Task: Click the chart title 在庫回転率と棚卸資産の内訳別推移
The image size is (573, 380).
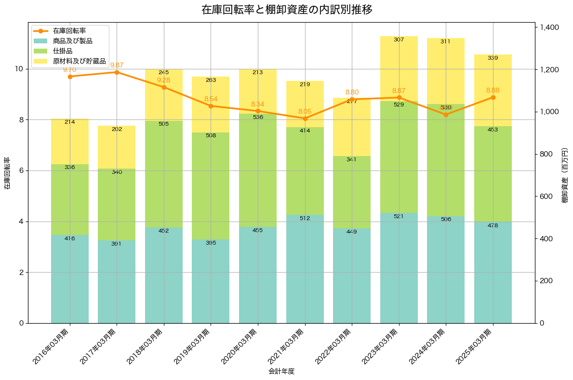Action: click(x=286, y=10)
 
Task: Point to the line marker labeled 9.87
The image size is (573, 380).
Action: click(x=117, y=72)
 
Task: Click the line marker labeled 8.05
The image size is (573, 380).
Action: click(x=305, y=118)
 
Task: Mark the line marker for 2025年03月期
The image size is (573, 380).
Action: click(x=493, y=97)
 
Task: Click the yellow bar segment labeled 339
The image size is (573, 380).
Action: click(x=493, y=90)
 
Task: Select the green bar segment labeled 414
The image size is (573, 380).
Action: click(x=305, y=171)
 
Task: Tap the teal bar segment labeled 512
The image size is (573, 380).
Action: click(x=305, y=269)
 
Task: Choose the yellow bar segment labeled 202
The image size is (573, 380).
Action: click(x=117, y=147)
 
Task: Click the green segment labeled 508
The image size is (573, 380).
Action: click(x=211, y=186)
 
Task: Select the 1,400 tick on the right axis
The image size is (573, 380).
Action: click(x=549, y=27)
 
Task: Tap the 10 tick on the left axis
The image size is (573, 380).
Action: click(x=19, y=69)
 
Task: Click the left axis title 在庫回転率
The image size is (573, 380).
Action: click(x=7, y=173)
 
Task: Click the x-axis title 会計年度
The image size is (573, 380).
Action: click(x=281, y=371)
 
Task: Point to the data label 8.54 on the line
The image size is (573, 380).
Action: click(x=211, y=99)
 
